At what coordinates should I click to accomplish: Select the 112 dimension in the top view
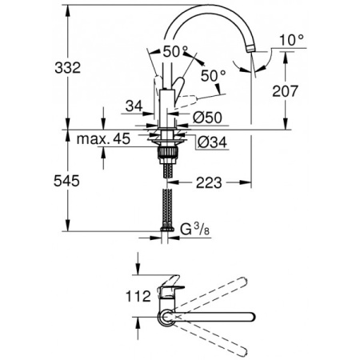[138, 295]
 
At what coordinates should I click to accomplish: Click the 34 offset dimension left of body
[135, 105]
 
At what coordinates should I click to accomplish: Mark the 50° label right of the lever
[213, 75]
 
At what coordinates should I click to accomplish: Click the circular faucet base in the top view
[166, 319]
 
